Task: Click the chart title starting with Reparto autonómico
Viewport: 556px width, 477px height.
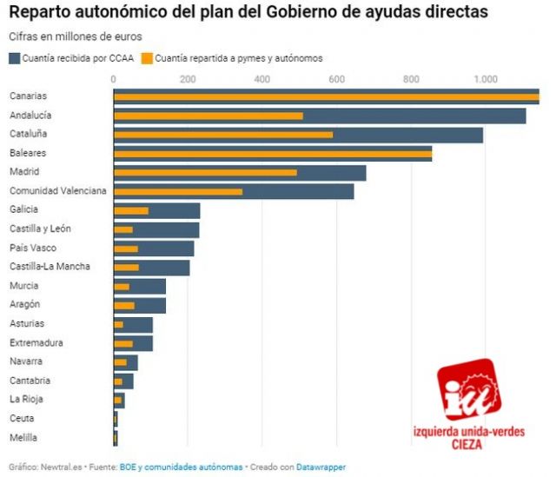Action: coord(248,13)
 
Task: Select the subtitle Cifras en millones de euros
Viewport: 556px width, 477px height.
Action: coord(76,36)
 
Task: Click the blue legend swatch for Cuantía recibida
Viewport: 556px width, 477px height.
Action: coord(15,58)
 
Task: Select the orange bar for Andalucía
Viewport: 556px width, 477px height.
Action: coord(208,116)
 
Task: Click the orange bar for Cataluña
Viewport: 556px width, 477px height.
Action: coord(223,135)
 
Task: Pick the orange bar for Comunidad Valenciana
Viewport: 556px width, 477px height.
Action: coord(178,191)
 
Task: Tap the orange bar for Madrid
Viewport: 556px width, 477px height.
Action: coord(205,172)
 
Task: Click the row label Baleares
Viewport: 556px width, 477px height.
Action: coord(28,153)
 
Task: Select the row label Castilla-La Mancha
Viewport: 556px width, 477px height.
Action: coord(50,267)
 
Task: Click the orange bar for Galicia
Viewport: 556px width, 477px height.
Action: coord(131,210)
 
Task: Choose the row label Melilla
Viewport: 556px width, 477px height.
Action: coord(23,437)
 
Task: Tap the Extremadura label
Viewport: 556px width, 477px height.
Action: coord(36,342)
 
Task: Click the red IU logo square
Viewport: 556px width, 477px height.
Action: coord(469,390)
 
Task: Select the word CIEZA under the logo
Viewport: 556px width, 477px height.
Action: coord(469,446)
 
